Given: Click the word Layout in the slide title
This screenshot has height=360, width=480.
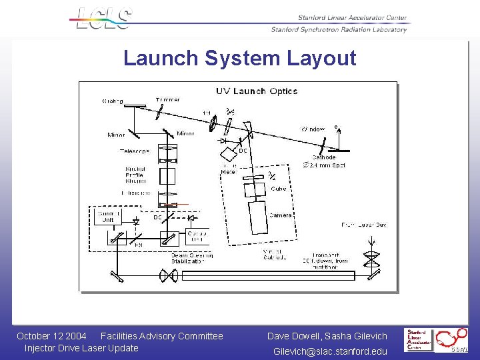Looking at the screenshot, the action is pyautogui.click(x=321, y=58).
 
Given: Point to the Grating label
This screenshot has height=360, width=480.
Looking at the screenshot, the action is pyautogui.click(x=112, y=101).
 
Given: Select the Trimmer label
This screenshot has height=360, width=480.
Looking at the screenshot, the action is pyautogui.click(x=167, y=100).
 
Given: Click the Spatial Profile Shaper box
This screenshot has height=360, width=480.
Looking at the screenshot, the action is pyautogui.click(x=167, y=176).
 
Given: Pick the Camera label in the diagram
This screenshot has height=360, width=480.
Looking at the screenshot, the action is pyautogui.click(x=280, y=215).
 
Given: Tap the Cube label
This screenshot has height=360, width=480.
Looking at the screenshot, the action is pyautogui.click(x=279, y=189).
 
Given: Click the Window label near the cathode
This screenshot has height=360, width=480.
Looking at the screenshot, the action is pyautogui.click(x=313, y=129).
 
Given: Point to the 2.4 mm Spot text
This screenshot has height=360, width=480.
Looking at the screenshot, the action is pyautogui.click(x=327, y=165).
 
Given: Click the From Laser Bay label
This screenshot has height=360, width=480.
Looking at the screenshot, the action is pyautogui.click(x=363, y=225).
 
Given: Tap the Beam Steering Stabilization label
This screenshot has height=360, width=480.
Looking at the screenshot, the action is pyautogui.click(x=190, y=259).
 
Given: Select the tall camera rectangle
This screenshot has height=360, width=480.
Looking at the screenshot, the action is pyautogui.click(x=258, y=217).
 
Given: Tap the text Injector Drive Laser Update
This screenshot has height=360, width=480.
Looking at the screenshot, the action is pyautogui.click(x=81, y=348).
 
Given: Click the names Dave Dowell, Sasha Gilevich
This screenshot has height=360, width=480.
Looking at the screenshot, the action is pyautogui.click(x=327, y=336).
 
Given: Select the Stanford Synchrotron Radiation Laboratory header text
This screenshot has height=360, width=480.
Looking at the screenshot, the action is pyautogui.click(x=339, y=29).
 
